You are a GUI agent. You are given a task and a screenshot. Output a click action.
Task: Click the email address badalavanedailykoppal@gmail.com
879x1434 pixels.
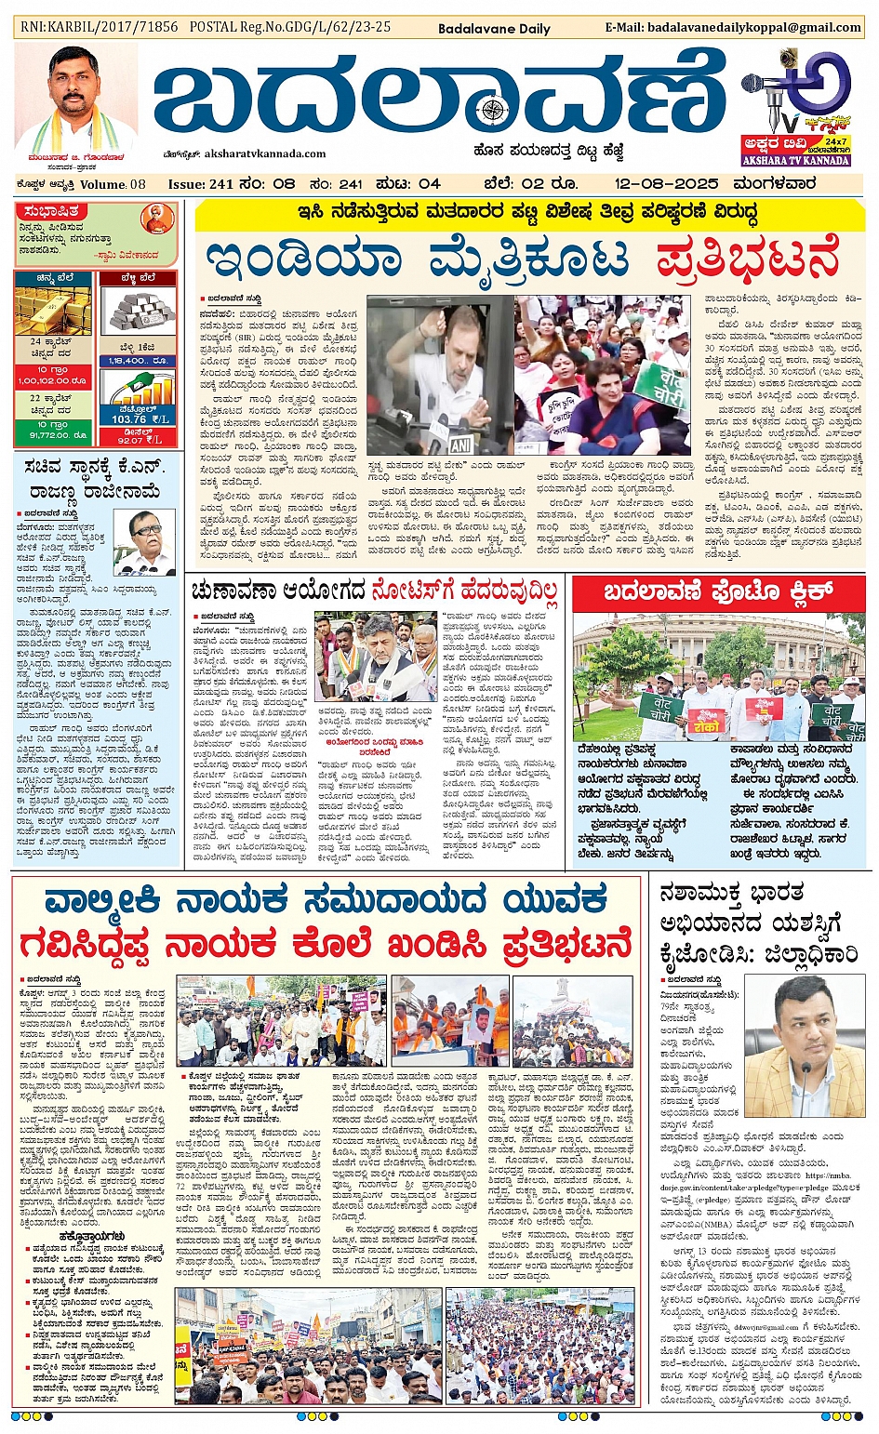(755, 27)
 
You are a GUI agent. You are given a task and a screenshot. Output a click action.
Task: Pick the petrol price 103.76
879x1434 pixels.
(129, 418)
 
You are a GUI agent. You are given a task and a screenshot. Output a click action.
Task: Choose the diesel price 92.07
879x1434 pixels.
(130, 441)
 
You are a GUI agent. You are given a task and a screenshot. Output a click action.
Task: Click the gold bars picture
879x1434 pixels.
(53, 310)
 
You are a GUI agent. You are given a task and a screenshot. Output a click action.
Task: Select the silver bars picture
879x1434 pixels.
(137, 311)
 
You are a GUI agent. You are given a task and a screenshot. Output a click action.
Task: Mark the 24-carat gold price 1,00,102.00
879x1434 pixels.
(52, 380)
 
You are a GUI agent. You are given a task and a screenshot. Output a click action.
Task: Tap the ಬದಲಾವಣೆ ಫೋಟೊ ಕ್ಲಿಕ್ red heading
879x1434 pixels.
(717, 592)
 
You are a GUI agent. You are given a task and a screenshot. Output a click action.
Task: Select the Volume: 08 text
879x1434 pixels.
(113, 184)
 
